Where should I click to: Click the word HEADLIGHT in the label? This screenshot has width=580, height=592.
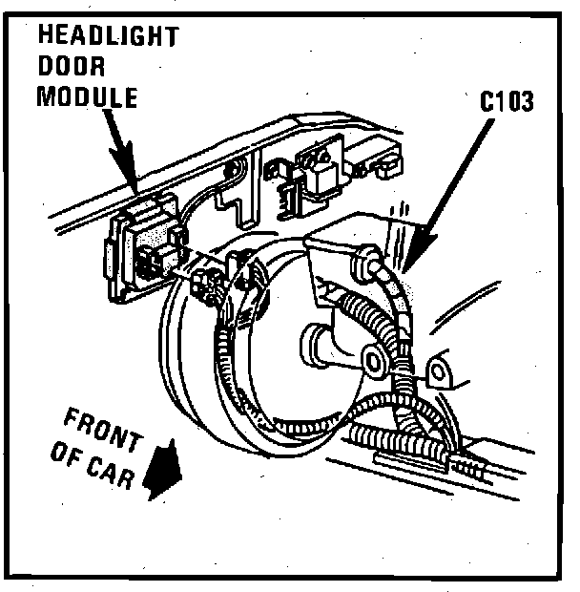(108, 37)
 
